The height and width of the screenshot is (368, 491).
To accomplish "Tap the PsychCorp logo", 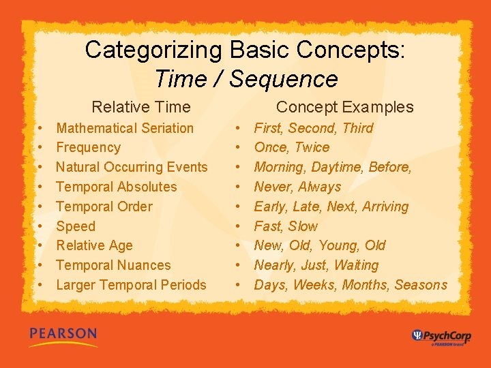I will (x=441, y=336).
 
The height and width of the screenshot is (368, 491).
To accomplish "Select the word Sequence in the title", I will (x=284, y=79).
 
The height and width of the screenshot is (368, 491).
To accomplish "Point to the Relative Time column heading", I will (x=141, y=107).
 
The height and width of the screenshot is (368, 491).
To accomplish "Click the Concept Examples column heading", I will (x=344, y=107).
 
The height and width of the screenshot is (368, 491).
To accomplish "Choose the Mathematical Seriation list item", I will (x=125, y=128).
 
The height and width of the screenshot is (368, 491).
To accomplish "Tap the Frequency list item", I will (x=88, y=148).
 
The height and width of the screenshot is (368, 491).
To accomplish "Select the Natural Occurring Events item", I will (x=132, y=167).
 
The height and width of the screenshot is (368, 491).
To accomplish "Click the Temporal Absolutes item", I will (x=116, y=187).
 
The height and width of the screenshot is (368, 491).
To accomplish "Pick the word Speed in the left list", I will (x=76, y=226).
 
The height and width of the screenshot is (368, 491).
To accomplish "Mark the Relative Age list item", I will (x=94, y=245).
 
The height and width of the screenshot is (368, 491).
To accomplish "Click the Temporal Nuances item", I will (x=113, y=265).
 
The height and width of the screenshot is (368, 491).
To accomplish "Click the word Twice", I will (x=312, y=148).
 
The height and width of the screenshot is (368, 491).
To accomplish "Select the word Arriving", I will (x=385, y=206).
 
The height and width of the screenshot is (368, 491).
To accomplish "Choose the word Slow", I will (x=303, y=226).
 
